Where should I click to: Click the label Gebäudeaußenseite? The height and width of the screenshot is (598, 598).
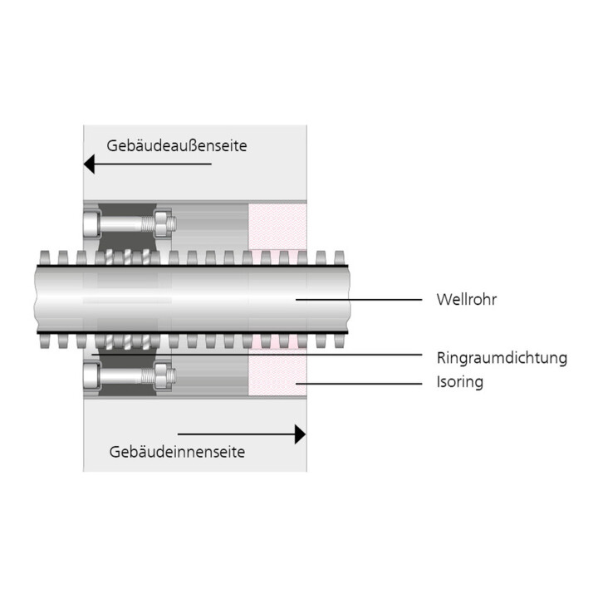tap(177, 145)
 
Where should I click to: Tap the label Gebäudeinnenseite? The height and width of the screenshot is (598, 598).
tap(177, 452)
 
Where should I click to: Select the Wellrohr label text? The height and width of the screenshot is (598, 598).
tap(467, 300)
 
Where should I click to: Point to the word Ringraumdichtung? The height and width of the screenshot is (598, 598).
tap(502, 358)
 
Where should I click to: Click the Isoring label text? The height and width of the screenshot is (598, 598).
tap(460, 382)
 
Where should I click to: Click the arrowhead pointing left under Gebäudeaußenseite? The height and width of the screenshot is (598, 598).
tap(89, 164)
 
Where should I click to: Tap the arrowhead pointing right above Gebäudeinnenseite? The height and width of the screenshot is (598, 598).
tap(300, 434)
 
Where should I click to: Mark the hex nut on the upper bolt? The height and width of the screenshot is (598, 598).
tap(162, 223)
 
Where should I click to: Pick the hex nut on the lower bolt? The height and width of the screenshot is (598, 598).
tap(162, 376)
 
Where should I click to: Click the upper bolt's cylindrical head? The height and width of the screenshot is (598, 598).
tap(91, 224)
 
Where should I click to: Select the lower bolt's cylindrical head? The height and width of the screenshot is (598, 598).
tap(91, 376)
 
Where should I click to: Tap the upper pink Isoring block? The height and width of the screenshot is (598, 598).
tap(277, 227)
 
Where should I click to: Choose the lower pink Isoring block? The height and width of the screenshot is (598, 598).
tap(277, 373)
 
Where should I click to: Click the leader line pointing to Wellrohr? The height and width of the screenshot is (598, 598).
tap(359, 300)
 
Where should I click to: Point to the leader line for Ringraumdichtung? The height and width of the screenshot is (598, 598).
tap(257, 355)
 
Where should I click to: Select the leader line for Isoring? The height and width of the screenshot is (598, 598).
tap(359, 384)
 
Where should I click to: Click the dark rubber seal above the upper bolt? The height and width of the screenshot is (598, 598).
tap(128, 209)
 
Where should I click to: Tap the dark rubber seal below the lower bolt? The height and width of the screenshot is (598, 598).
tap(128, 390)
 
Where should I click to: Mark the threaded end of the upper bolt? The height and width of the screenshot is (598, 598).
tap(149, 224)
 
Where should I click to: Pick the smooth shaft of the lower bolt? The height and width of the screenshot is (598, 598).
tap(121, 376)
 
